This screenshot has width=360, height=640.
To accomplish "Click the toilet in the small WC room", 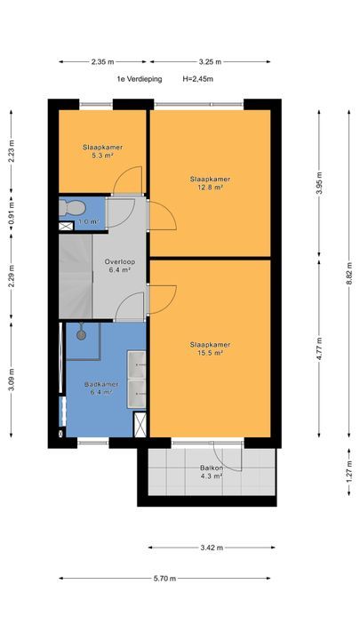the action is [71, 207].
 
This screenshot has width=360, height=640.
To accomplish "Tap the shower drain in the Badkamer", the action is [82, 335].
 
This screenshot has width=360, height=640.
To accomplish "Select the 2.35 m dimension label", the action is [102, 62].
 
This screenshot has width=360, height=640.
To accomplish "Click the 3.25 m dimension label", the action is [210, 62].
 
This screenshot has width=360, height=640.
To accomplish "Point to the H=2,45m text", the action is [198, 79].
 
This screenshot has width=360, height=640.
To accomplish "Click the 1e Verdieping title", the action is [140, 79].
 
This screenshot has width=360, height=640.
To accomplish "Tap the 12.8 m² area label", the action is [211, 188].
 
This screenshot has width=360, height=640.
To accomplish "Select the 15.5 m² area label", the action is [211, 354].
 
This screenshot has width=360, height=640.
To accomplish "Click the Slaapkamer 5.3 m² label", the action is [103, 151].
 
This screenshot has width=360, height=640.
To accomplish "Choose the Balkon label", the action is [211, 468].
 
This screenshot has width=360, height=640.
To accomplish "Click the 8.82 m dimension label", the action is [349, 273].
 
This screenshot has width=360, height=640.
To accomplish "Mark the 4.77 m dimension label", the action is [319, 348].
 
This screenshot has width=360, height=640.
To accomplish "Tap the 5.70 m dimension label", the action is [165, 579].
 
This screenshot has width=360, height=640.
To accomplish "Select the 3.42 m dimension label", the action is [212, 548].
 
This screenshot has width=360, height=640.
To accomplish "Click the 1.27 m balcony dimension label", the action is [349, 472].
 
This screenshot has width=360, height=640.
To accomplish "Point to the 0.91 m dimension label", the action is [12, 213].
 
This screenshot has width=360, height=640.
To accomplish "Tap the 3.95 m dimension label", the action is [319, 183].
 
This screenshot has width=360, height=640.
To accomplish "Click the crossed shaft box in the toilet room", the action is [66, 226].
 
